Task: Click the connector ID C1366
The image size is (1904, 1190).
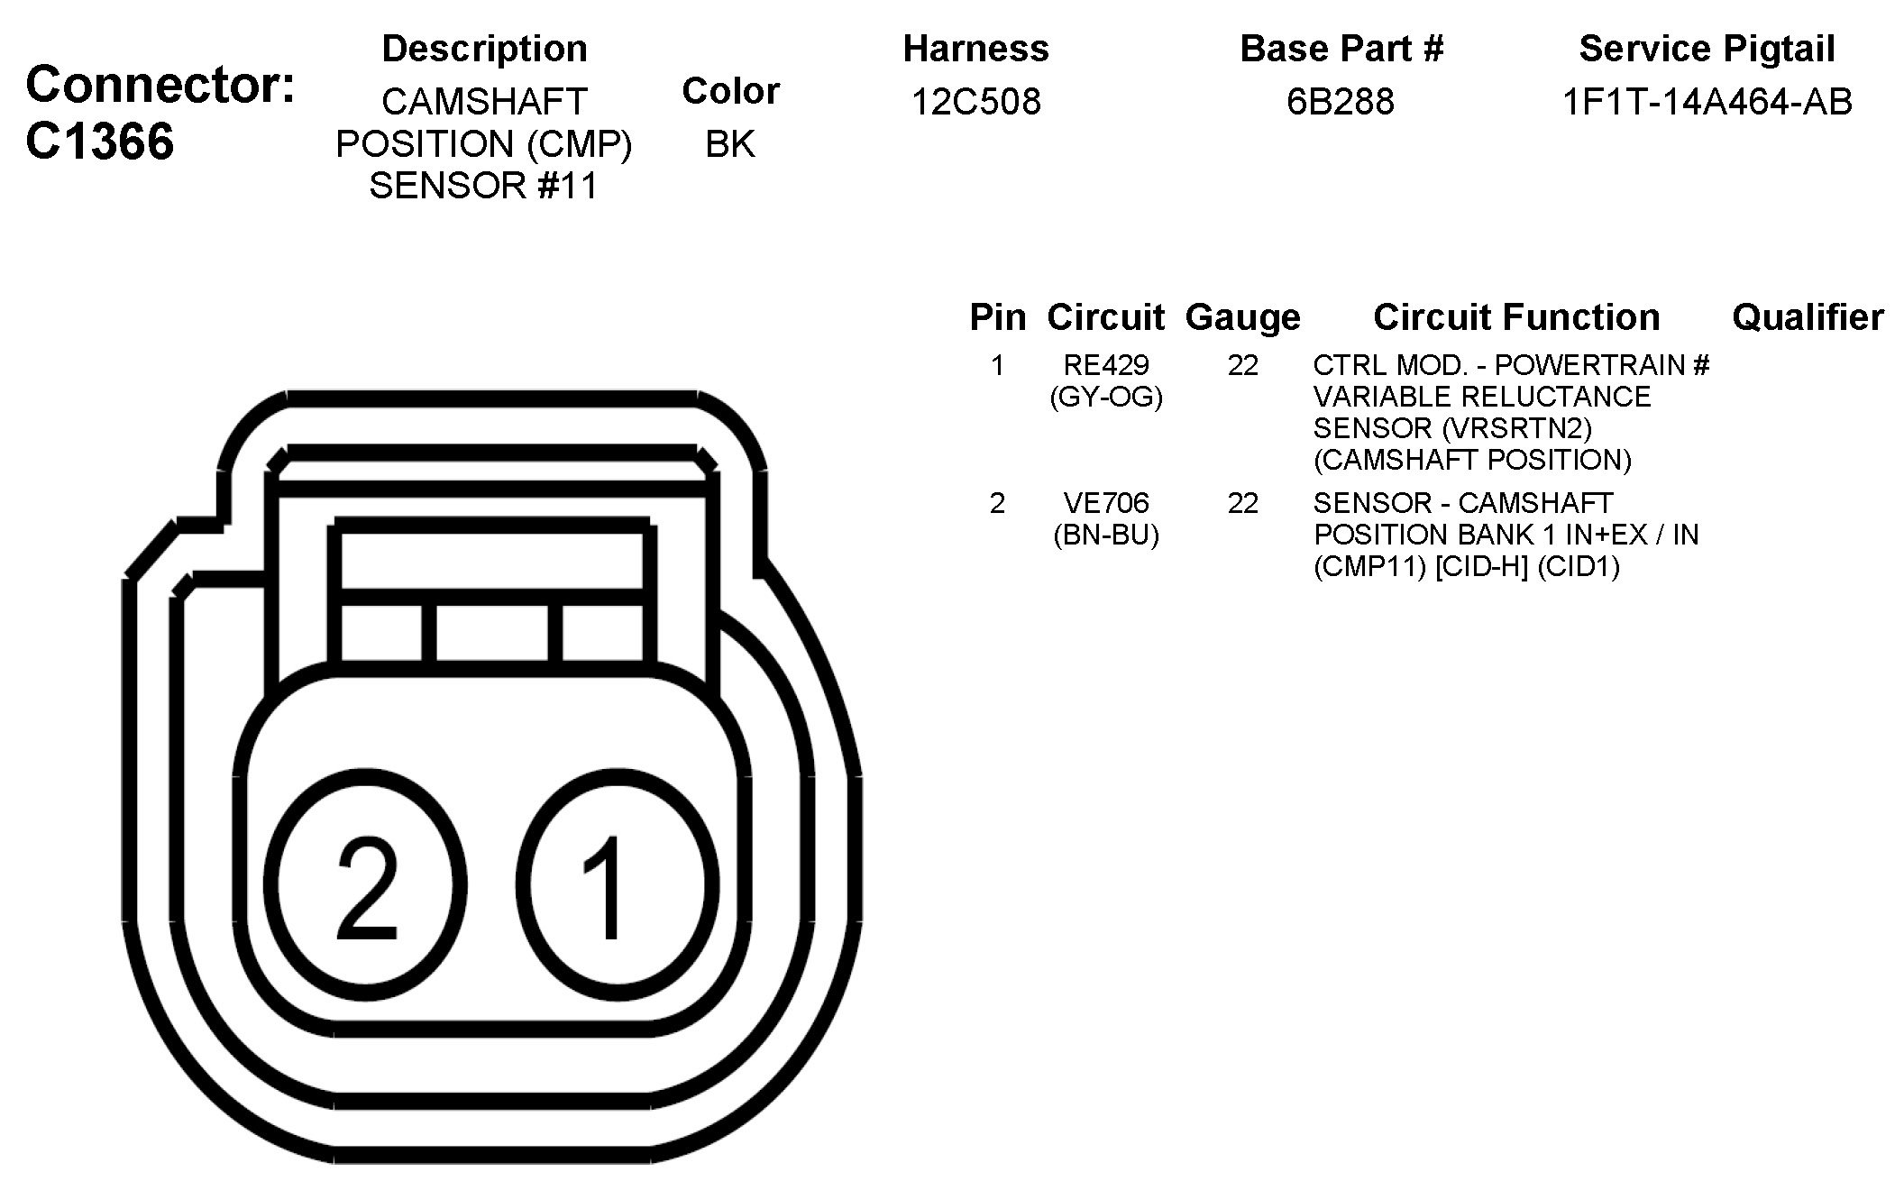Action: (x=99, y=142)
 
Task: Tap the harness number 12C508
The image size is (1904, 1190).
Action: (x=975, y=102)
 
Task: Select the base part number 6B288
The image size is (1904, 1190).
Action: (x=1340, y=102)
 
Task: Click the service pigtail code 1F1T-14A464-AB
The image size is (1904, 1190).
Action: (x=1707, y=102)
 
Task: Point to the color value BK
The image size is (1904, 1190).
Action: (x=729, y=144)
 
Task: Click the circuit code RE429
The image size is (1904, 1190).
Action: (x=1106, y=365)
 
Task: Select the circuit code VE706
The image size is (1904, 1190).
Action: (x=1106, y=503)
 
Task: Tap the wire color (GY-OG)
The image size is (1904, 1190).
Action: (x=1106, y=397)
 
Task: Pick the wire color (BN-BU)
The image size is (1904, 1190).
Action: (x=1106, y=535)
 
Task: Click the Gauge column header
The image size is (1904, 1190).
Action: (x=1242, y=317)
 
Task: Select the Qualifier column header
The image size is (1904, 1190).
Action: (x=1807, y=317)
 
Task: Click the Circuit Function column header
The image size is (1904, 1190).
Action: (x=1515, y=317)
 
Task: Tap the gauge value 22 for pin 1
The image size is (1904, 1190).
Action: (x=1242, y=365)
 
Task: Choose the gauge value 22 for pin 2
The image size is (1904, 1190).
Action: (x=1242, y=503)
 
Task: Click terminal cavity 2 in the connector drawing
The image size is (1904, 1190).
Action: (x=366, y=885)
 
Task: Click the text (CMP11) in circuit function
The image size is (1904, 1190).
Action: (x=1369, y=567)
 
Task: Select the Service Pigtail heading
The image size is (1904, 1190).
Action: (x=1707, y=49)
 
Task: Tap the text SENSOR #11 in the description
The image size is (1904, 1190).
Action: (x=483, y=186)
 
